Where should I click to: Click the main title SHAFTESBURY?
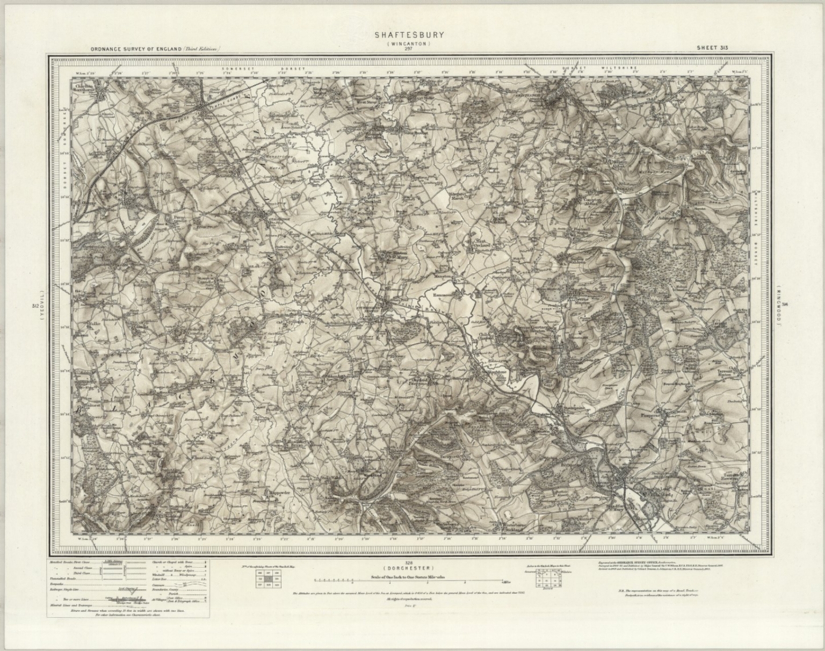coord(409,35)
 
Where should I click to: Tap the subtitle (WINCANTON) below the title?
coord(409,43)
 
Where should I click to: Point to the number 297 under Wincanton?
coord(409,49)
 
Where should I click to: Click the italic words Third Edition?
coord(201,48)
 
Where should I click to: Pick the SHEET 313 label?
coord(712,47)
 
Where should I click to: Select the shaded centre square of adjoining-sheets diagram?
coord(268,580)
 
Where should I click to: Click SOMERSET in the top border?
coord(235,69)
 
